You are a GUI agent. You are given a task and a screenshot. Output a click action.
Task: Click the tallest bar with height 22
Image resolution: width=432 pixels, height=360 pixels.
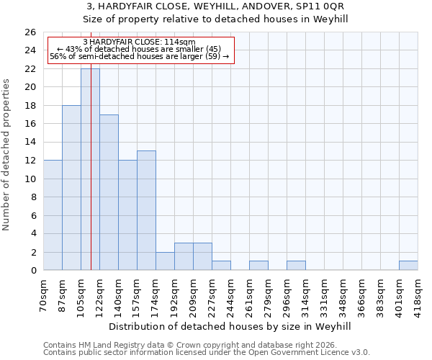pos(90,169)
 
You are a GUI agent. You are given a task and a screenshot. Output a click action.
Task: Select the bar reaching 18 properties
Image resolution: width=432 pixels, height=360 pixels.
pos(71,187)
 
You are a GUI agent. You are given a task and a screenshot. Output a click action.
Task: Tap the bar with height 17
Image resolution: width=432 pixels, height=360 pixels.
pos(109,192)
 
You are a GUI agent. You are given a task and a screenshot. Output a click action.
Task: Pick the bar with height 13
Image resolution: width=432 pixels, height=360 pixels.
pos(146,210)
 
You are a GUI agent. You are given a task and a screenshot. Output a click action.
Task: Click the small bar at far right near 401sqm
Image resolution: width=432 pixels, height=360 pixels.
pos(408,266)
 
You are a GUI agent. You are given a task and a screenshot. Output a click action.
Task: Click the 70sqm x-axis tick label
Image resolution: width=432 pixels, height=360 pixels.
pos(44,294)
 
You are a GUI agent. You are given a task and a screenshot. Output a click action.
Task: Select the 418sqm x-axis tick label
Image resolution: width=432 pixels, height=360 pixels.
pos(418,294)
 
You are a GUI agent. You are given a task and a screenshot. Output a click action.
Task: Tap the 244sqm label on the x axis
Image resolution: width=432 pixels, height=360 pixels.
pos(231,294)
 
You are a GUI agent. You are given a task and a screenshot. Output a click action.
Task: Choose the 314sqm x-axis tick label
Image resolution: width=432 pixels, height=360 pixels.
pos(306,294)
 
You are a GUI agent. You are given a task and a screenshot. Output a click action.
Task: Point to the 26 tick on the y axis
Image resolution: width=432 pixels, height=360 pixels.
pos(30,32)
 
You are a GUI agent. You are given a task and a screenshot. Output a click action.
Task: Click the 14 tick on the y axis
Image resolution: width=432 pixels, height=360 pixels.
pos(30,142)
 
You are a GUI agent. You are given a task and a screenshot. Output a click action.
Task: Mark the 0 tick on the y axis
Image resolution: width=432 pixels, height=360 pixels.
pos(33,270)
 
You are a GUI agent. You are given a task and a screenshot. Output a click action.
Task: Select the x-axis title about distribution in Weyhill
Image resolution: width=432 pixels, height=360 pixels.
pos(230,326)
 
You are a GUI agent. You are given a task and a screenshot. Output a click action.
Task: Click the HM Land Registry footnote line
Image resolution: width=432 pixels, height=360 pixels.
pos(205,345)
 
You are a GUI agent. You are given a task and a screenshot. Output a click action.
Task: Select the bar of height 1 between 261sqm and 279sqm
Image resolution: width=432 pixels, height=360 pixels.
pos(258,266)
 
